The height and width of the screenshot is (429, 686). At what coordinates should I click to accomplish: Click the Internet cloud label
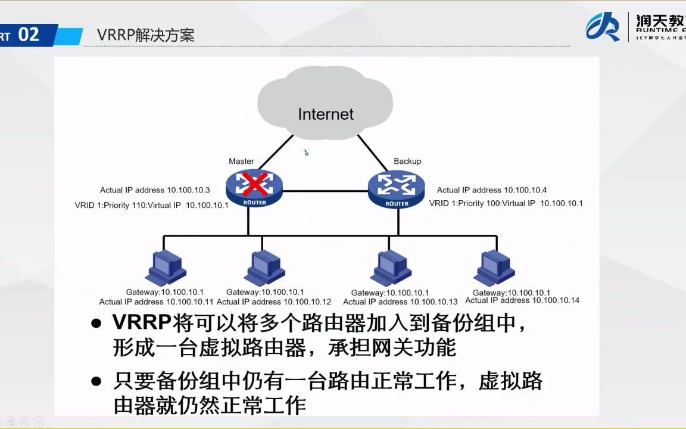point(326,114)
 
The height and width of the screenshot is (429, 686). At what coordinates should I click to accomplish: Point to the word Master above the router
point(241,161)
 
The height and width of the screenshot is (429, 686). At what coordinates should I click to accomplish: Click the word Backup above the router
point(407,161)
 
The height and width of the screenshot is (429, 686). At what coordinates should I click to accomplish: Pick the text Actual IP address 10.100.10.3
point(155,190)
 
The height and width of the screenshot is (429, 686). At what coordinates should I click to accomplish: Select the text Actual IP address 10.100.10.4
point(492,190)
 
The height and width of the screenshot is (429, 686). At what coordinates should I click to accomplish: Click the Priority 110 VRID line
point(152,204)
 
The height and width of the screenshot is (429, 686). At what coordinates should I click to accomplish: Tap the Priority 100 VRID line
point(506,203)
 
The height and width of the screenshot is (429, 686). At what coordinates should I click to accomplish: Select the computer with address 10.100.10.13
point(391,268)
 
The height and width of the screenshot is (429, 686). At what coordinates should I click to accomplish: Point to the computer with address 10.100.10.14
point(494,268)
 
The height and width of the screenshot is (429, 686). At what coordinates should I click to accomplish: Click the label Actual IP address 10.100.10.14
point(522,300)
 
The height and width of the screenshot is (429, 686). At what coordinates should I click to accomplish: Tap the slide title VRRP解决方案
point(146,35)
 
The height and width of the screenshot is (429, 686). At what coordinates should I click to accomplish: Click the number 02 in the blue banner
point(29,35)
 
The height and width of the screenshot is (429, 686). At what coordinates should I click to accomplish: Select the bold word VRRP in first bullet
point(141,323)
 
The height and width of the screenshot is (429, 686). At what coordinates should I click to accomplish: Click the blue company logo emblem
point(603,27)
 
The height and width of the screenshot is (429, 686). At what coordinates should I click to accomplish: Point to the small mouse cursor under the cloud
point(306,153)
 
